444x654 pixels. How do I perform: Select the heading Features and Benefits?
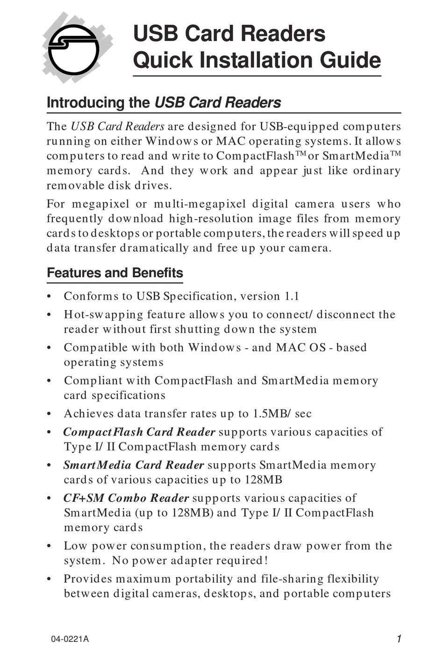pyautogui.click(x=115, y=273)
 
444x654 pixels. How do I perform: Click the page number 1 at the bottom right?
pyautogui.click(x=399, y=639)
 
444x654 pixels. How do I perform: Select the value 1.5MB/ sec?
pyautogui.click(x=282, y=414)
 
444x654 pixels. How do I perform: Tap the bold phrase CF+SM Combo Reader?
pyautogui.click(x=126, y=499)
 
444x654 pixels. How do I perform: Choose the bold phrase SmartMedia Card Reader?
pyautogui.click(x=134, y=465)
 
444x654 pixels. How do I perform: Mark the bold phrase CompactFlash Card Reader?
pyautogui.click(x=139, y=432)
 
